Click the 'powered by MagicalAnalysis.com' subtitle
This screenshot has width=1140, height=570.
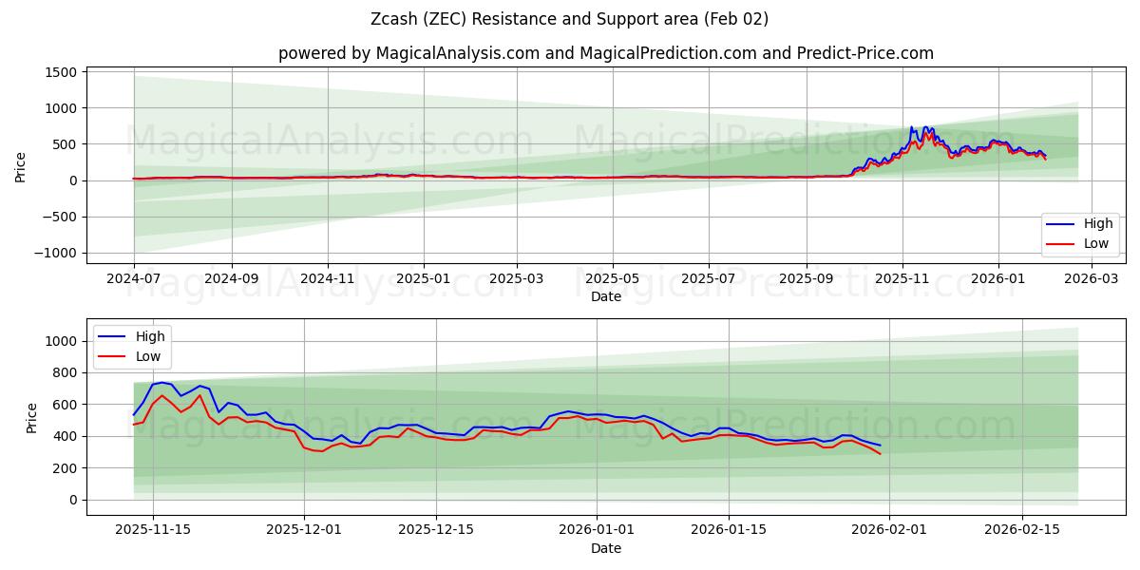tap(606, 53)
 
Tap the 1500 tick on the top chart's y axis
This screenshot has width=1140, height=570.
tap(58, 72)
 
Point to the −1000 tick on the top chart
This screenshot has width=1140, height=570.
tap(53, 253)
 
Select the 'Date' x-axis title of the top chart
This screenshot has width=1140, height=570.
tap(606, 296)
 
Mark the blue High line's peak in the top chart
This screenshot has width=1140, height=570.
tap(911, 127)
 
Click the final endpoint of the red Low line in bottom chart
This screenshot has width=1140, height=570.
tap(880, 454)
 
